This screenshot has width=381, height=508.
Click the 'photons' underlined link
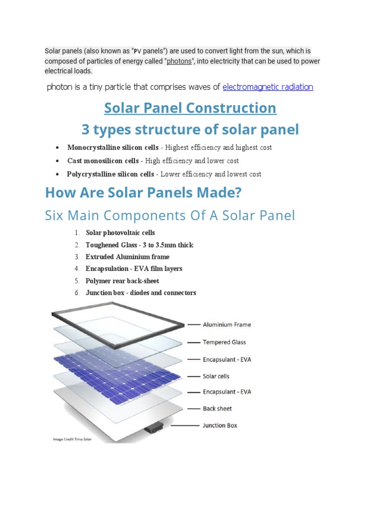[179, 62]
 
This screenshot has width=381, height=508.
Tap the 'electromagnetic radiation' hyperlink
[268, 87]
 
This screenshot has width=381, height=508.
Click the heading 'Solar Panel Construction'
[190, 108]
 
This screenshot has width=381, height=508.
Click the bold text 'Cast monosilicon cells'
[103, 161]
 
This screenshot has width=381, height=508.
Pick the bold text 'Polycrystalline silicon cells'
[111, 174]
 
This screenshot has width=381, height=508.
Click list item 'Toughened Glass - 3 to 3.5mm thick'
[139, 245]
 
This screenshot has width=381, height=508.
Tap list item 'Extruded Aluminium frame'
[127, 257]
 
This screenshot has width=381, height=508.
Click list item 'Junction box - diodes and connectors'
[141, 293]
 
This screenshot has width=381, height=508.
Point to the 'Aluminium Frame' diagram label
[227, 325]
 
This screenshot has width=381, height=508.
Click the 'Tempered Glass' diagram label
[224, 342]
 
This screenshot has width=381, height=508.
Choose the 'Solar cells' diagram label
[216, 377]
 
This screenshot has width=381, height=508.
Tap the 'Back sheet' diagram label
[217, 409]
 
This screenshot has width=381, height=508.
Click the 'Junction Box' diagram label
[220, 426]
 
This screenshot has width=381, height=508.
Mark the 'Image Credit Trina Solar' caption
[72, 439]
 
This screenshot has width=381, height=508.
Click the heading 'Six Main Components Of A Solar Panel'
[170, 216]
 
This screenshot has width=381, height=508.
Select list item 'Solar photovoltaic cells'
[121, 233]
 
